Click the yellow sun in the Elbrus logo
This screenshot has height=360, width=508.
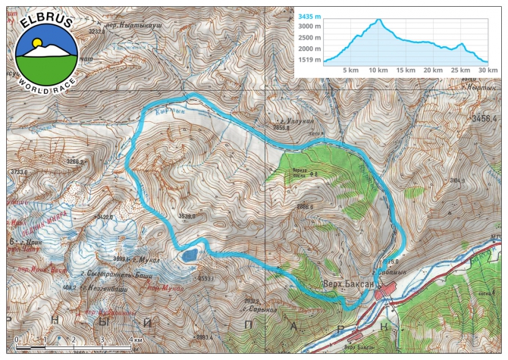(x=36, y=43)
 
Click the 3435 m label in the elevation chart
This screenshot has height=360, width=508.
(x=309, y=15)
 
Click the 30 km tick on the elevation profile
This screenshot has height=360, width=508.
(x=486, y=70)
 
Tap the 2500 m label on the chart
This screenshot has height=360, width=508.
(x=311, y=37)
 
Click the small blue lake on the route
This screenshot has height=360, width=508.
(x=187, y=255)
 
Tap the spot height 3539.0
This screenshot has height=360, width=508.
(x=187, y=217)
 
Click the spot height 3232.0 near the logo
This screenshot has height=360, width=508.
(x=96, y=31)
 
